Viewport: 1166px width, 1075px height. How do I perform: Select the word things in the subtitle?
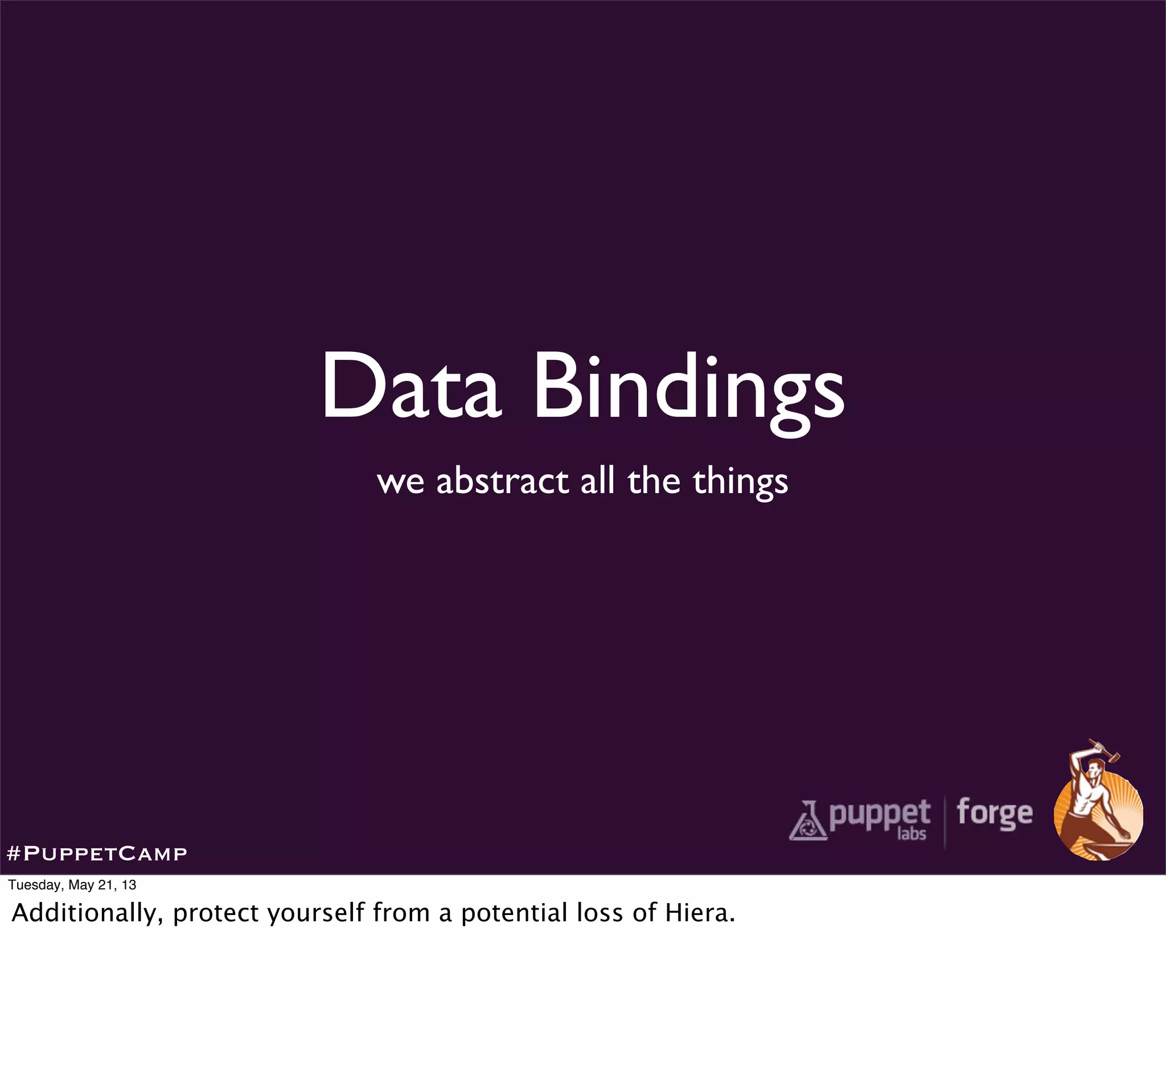point(740,483)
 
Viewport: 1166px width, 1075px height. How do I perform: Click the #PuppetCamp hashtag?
point(97,854)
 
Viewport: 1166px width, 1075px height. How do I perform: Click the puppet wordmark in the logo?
point(879,814)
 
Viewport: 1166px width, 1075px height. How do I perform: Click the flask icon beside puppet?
point(808,822)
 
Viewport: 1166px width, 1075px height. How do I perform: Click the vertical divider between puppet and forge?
point(945,823)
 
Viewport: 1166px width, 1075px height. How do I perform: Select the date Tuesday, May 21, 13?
point(72,885)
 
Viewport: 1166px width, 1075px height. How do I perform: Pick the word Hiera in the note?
point(700,912)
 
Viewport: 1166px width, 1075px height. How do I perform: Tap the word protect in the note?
point(216,913)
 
